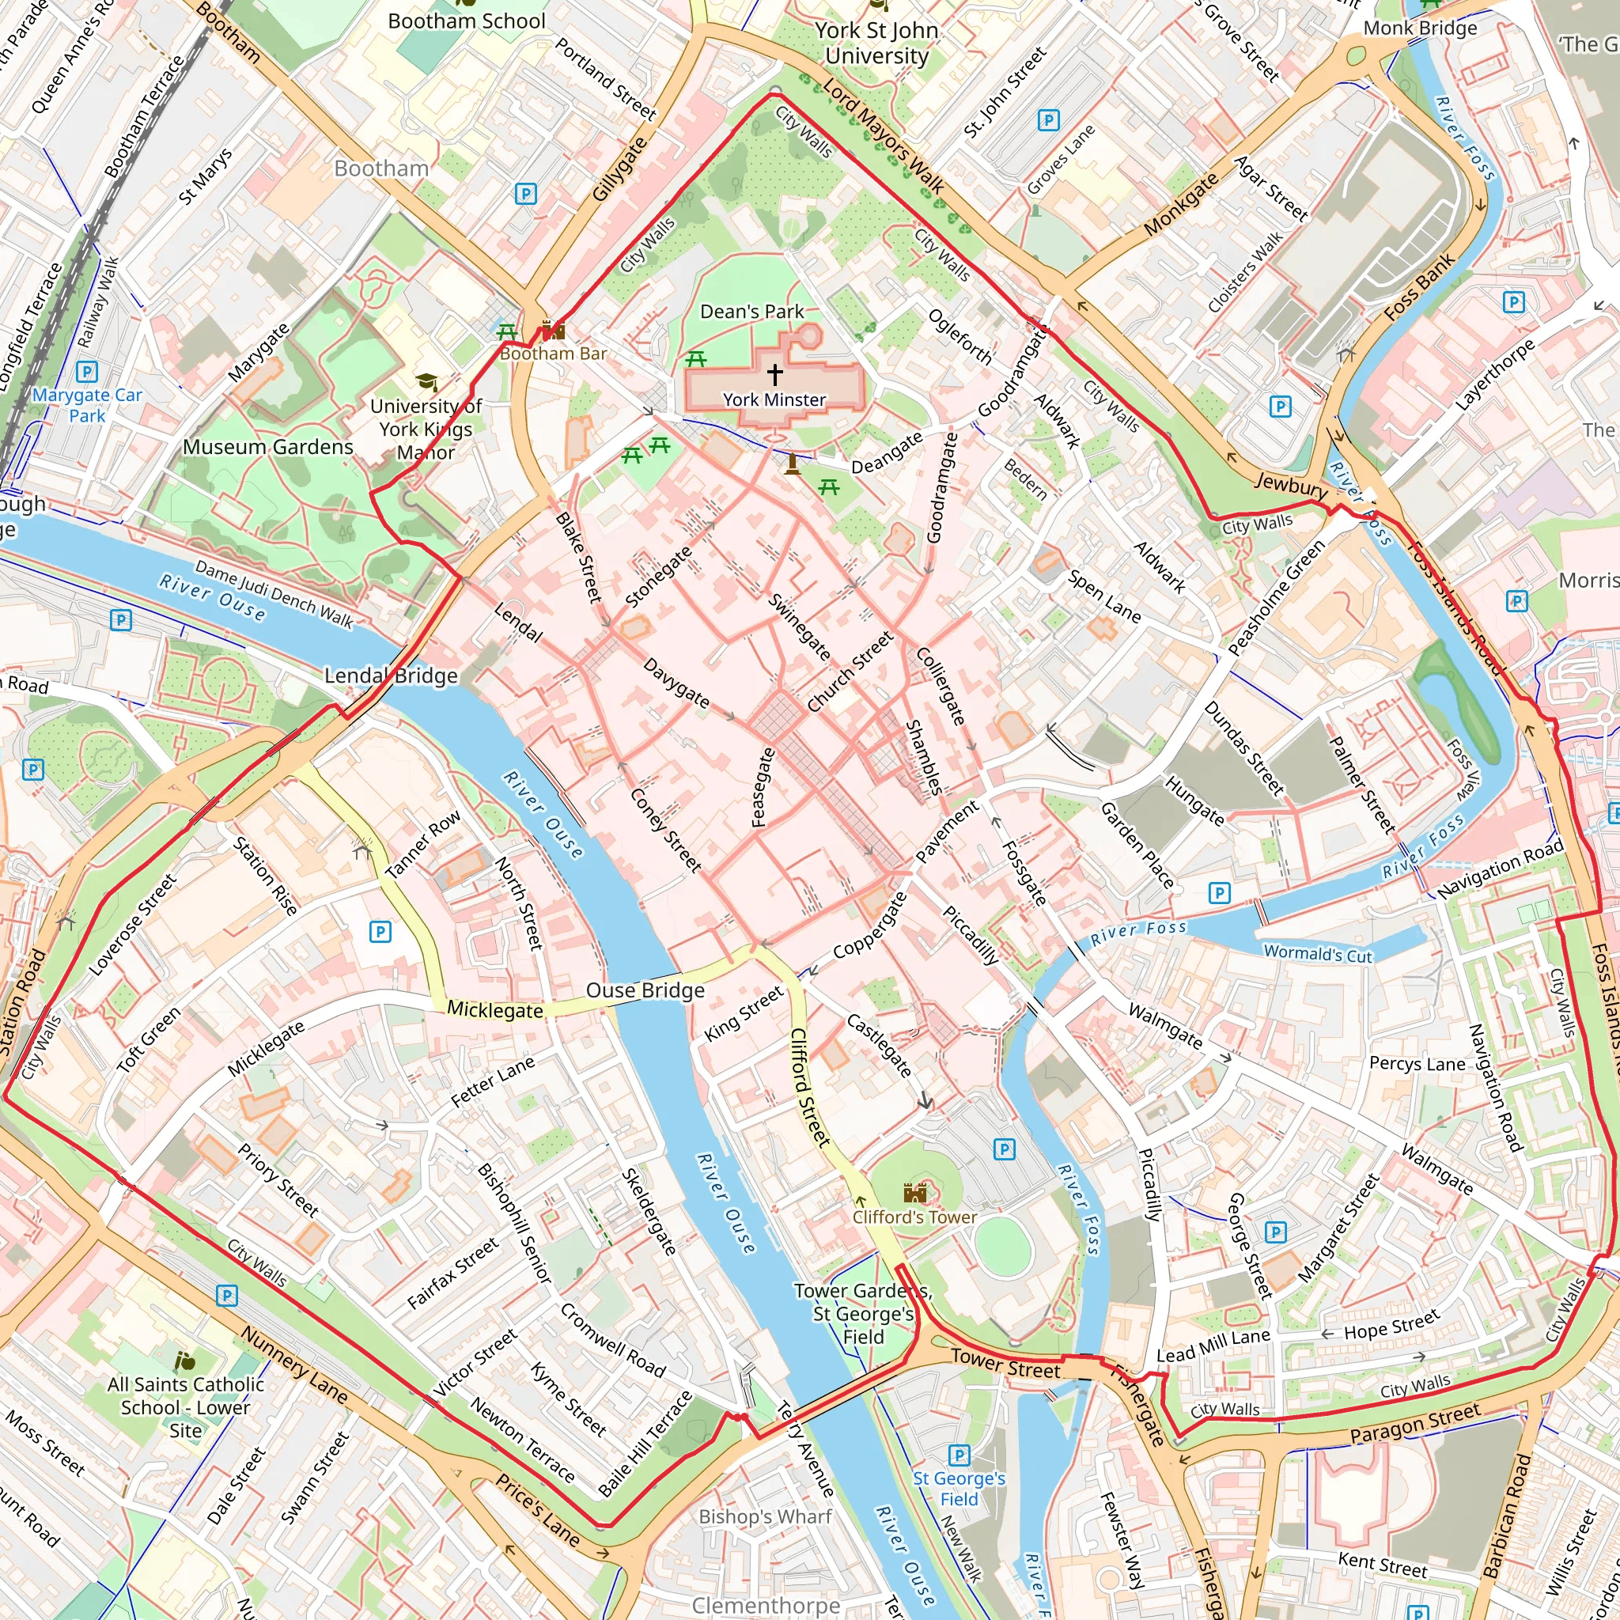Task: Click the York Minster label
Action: (774, 400)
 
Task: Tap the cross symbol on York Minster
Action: (774, 374)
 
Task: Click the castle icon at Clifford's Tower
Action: (915, 1191)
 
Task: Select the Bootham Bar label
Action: (553, 354)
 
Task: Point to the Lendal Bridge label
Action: (391, 676)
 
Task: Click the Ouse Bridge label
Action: (645, 990)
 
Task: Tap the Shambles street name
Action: (923, 757)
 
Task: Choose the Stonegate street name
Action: (658, 576)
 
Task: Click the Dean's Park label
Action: (751, 312)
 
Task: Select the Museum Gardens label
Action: (268, 447)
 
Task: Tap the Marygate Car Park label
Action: (87, 405)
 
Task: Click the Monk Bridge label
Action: (1420, 28)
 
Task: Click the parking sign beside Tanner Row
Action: (380, 932)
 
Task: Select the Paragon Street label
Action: (1415, 1424)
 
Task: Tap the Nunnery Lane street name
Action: (293, 1365)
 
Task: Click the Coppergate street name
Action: (869, 925)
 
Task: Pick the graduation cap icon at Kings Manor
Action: (427, 383)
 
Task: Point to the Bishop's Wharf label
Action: (765, 1516)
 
